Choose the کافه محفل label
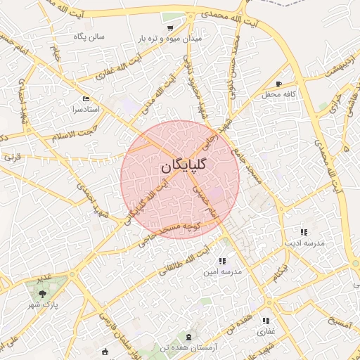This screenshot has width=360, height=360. point(278,94)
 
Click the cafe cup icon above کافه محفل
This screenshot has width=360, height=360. point(279,84)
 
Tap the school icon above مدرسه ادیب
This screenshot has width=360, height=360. point(304,231)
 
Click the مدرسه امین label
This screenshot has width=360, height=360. point(222,271)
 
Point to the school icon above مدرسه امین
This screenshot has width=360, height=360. point(222,261)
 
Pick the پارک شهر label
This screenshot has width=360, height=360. point(44,304)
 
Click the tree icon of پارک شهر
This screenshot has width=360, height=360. point(43,293)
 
